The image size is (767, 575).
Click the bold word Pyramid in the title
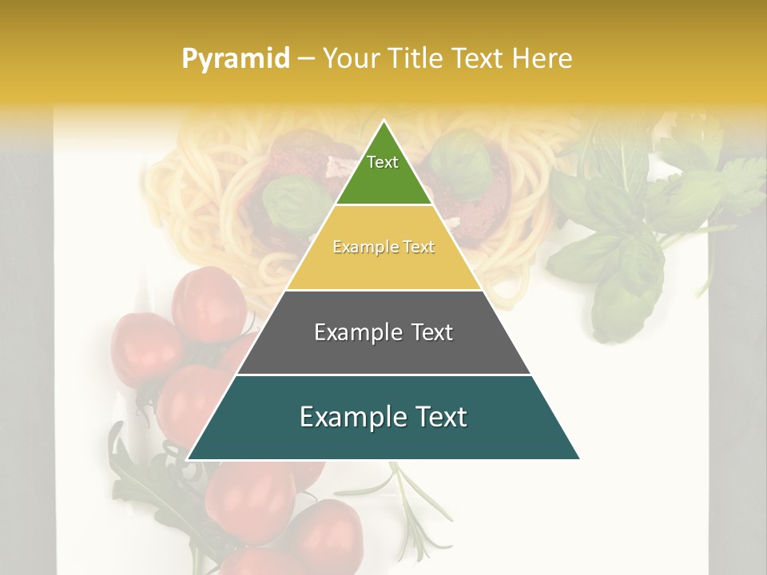235,59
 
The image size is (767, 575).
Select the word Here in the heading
542,59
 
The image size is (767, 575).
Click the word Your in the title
349,59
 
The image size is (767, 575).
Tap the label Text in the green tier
383,162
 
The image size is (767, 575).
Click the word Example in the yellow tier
359,248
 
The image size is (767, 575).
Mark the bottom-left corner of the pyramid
189,459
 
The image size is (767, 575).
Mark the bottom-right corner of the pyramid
578,459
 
